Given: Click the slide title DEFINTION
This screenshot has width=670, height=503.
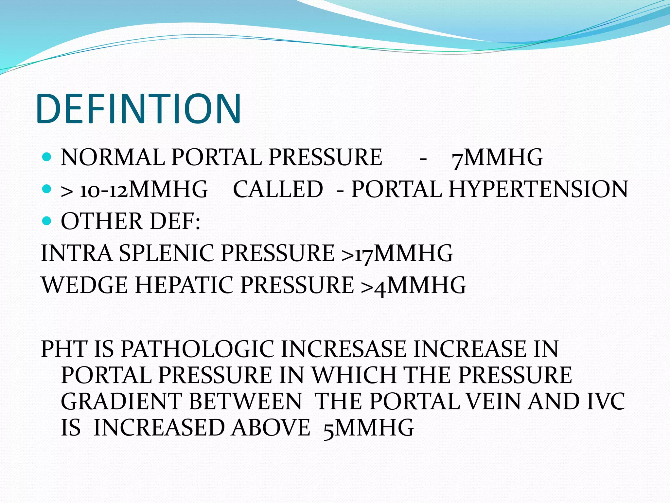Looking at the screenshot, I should point(139,109).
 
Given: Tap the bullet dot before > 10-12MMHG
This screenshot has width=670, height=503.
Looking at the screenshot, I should point(47,189).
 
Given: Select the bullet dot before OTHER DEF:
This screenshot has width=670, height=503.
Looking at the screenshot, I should point(47,221).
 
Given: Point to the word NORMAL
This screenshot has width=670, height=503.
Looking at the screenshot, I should point(113,157).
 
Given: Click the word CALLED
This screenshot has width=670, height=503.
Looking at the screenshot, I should point(278,189).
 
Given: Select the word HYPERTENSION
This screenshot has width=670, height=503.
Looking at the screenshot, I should point(538,189).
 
